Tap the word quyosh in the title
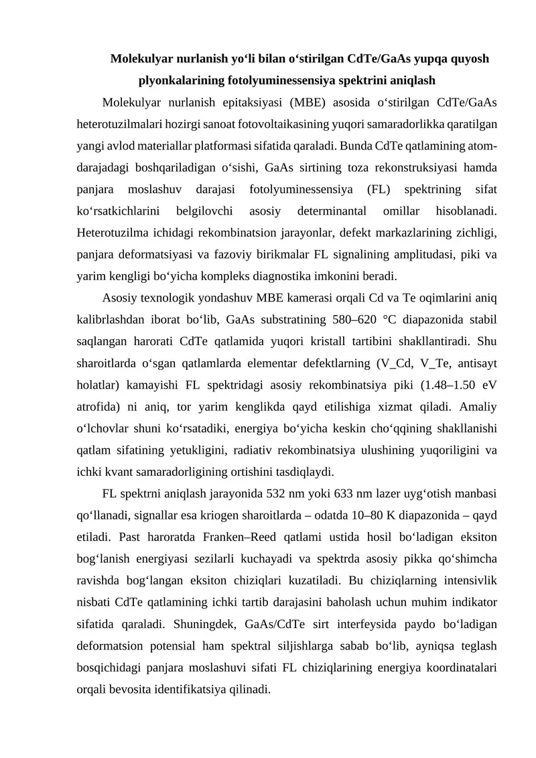(470, 59)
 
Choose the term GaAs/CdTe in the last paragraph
(275, 625)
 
